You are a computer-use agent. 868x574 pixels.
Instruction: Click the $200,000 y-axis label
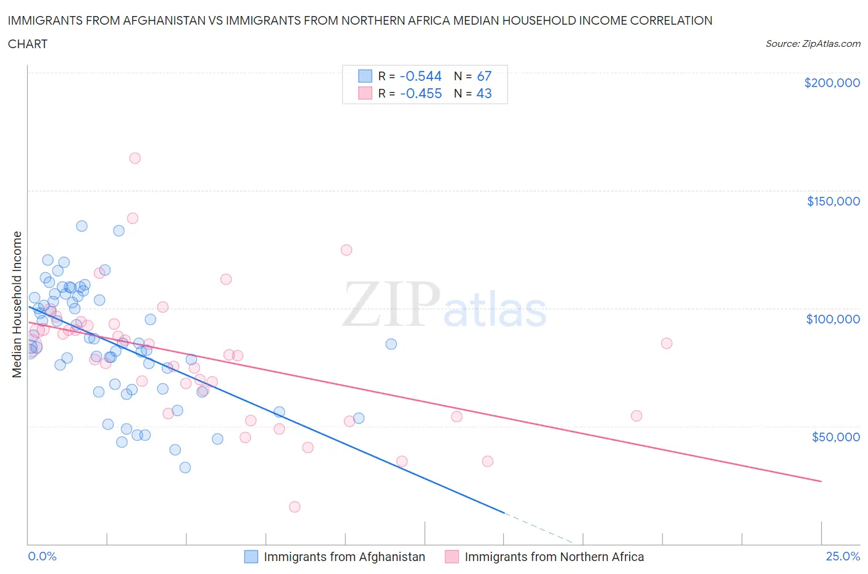[832, 83]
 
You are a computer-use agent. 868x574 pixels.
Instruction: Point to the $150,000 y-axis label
[833, 201]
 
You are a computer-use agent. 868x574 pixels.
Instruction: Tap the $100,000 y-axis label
[833, 319]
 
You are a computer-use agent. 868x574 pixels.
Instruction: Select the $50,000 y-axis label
[835, 437]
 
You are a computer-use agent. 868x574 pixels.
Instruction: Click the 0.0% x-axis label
[42, 556]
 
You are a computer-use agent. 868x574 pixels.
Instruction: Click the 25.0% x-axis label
[843, 556]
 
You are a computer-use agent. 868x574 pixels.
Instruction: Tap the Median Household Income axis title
[17, 304]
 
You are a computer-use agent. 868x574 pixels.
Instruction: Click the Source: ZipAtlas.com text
[812, 44]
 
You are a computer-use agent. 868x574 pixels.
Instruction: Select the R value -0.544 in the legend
[420, 76]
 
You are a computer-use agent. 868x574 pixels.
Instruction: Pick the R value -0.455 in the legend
[420, 93]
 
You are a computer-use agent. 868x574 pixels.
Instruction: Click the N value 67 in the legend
[484, 76]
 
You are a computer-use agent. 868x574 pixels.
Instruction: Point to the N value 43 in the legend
[484, 93]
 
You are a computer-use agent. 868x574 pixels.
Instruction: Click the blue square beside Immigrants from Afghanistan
[251, 557]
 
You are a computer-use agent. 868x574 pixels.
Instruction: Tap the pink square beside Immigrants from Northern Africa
[452, 557]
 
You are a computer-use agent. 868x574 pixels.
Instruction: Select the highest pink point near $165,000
[135, 158]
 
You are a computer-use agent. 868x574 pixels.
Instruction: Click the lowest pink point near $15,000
[294, 507]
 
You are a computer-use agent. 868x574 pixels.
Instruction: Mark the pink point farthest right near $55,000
[636, 416]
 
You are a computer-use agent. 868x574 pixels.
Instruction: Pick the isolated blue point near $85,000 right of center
[391, 344]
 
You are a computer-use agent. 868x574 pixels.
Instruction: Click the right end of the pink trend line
[821, 481]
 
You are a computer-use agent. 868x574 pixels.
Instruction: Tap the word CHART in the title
[28, 44]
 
